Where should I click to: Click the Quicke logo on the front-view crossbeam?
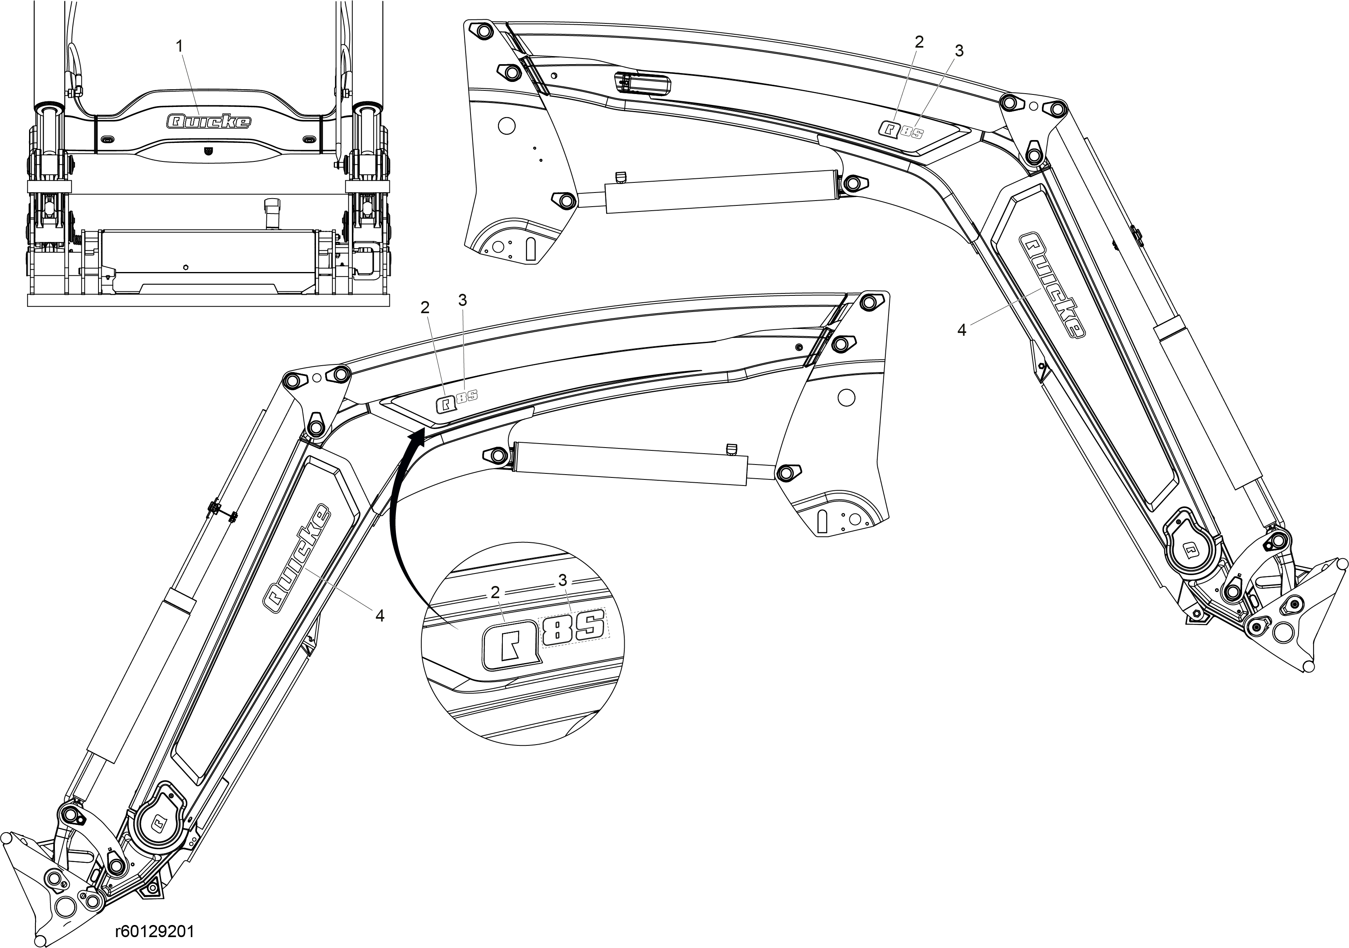point(209,121)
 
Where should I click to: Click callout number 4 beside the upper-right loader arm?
point(961,330)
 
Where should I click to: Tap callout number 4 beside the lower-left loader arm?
point(380,615)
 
